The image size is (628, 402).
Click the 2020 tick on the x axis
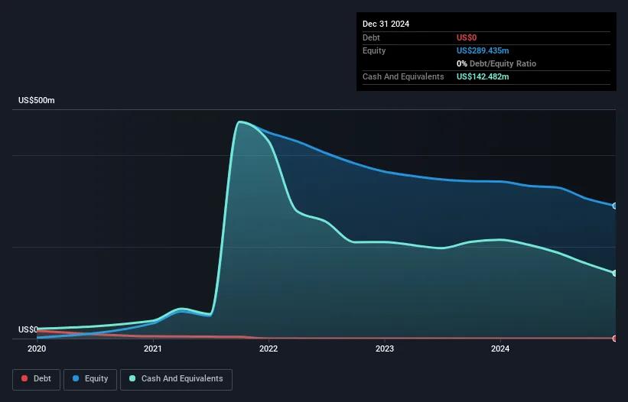point(37,349)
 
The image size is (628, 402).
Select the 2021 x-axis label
point(153,349)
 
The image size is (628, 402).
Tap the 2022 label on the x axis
point(268,349)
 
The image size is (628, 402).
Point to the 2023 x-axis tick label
point(385,349)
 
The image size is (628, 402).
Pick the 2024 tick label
point(500,349)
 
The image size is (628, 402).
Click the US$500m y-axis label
point(37,101)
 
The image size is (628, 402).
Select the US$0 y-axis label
point(29,329)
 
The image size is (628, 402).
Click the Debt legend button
point(36,379)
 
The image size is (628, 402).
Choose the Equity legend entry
point(89,379)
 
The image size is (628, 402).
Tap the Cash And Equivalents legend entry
point(176,379)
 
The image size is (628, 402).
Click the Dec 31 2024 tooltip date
point(386,24)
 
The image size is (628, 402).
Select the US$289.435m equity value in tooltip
point(483,50)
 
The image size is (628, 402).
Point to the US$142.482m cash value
point(483,76)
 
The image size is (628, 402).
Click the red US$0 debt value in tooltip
point(467,37)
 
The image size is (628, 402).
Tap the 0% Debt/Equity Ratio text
point(496,63)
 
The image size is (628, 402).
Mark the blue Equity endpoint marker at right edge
point(615,206)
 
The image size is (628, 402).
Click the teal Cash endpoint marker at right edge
point(615,273)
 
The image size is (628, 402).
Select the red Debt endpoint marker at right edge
point(615,338)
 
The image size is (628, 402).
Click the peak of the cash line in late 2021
point(241,122)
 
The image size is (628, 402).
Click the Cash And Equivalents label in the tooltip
point(403,76)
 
